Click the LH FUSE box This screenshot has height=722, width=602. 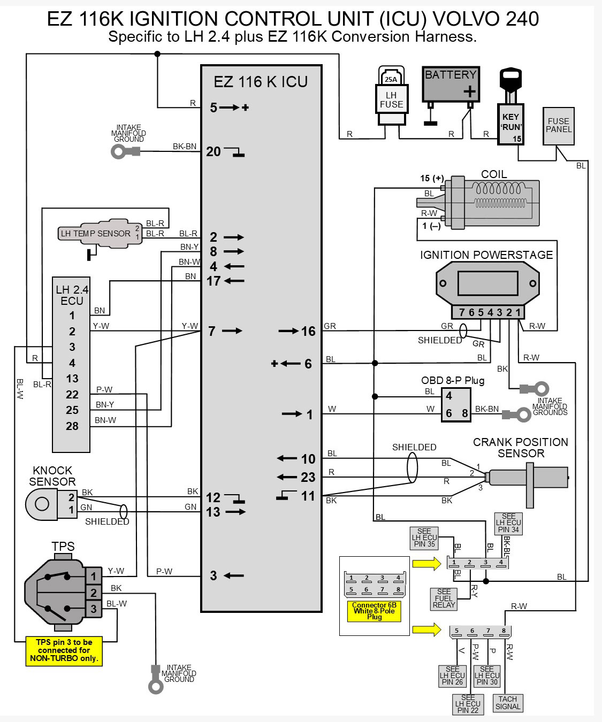(x=392, y=99)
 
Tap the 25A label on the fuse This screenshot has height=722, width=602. (x=391, y=79)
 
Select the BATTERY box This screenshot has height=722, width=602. (x=451, y=84)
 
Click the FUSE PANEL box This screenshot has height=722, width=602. (x=559, y=126)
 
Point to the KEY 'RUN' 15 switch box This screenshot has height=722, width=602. (x=510, y=124)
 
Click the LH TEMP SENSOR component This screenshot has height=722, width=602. (x=100, y=233)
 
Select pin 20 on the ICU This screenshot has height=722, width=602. (x=213, y=151)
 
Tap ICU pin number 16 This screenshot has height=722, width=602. (x=308, y=331)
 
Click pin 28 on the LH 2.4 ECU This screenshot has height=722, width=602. (x=72, y=426)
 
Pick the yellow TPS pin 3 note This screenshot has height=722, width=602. (x=64, y=650)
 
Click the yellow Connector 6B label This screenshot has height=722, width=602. (x=374, y=611)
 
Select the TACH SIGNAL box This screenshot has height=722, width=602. (x=507, y=703)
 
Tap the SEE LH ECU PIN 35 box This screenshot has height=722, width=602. (x=424, y=538)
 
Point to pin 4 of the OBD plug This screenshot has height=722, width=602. (x=449, y=396)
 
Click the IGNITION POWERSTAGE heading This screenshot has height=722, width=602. (x=486, y=255)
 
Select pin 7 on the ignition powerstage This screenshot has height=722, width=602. (x=461, y=312)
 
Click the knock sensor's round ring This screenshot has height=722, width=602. (x=42, y=503)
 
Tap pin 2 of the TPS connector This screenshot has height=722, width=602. (x=94, y=593)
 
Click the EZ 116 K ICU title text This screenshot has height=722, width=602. (x=261, y=82)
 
